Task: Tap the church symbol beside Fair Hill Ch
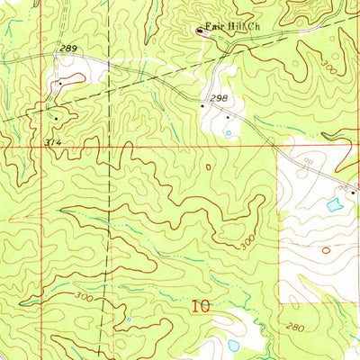[200, 32]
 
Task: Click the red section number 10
[201, 306]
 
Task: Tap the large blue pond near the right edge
[335, 204]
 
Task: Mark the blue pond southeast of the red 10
[234, 345]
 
